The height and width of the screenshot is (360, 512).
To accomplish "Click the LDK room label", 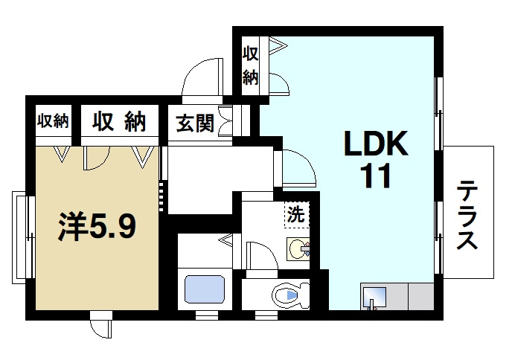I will (376, 144).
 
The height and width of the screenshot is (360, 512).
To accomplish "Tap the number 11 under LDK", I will (376, 178).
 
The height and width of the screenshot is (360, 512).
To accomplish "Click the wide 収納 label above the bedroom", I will (118, 121).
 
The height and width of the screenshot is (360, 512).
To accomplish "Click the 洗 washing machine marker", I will (295, 215).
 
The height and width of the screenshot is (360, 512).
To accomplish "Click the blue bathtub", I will (205, 289).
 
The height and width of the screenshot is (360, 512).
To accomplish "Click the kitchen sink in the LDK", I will (374, 297).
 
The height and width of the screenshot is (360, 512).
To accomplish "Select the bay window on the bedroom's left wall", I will (22, 237).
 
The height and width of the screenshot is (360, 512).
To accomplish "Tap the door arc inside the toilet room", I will (257, 257).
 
